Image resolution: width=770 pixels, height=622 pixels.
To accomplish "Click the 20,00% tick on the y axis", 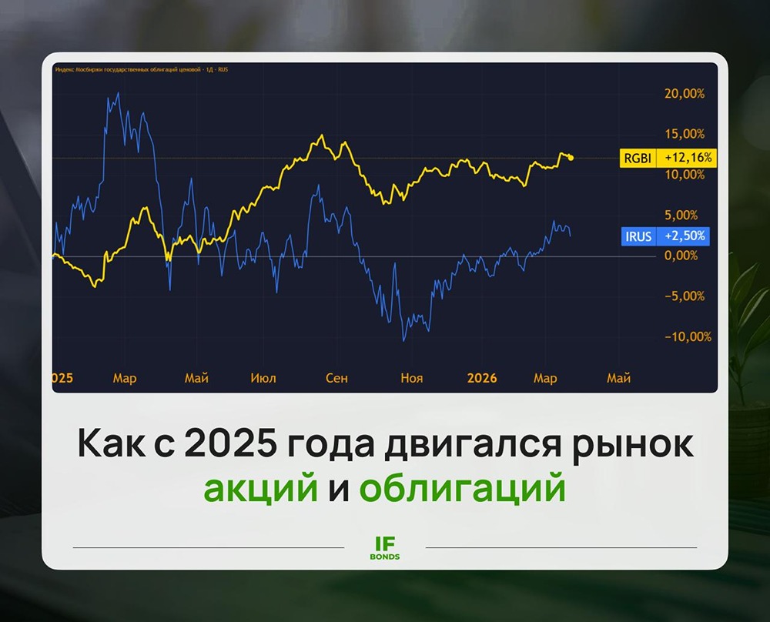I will tap(684, 94).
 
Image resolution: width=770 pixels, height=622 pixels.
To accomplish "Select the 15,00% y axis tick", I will tap(684, 134).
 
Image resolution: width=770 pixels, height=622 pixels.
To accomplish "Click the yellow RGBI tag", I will tap(637, 159).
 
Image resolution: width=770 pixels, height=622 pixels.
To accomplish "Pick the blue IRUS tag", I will tap(637, 236).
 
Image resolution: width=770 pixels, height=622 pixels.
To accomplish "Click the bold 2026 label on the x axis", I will tap(482, 379).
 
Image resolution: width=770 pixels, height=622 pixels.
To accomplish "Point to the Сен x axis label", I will tap(336, 379).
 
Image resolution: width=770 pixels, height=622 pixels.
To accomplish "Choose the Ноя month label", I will tap(411, 379).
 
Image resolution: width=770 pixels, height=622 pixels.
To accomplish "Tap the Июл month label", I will tap(263, 379).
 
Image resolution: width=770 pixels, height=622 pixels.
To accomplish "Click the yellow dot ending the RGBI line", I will tap(571, 158).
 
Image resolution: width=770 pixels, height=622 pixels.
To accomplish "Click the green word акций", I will tap(260, 490).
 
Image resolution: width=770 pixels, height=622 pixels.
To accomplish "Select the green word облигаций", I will tap(462, 490).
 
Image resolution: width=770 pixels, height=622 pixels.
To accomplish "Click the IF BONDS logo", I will tap(385, 547).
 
